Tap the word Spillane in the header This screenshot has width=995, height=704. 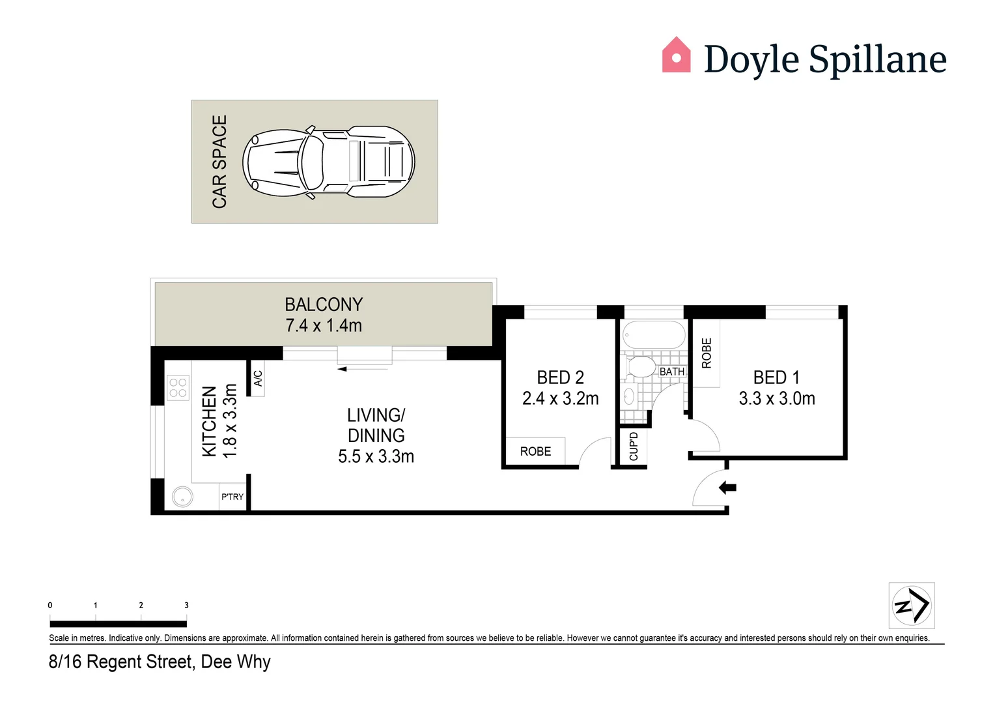[877, 60]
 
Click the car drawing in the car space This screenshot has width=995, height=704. [329, 162]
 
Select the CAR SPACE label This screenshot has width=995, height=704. [220, 162]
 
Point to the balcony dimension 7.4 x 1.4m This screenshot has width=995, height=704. [324, 325]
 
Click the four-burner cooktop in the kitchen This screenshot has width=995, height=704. [178, 388]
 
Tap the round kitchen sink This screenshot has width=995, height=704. [183, 497]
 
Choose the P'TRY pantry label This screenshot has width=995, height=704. [232, 497]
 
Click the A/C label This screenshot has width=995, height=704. [258, 378]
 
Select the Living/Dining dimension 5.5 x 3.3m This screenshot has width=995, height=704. [376, 456]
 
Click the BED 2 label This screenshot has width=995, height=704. [560, 377]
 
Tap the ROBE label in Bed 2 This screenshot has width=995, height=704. [535, 451]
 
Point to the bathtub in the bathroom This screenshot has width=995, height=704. [654, 335]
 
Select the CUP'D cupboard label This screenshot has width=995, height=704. [634, 447]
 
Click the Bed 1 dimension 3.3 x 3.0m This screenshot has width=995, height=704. [777, 398]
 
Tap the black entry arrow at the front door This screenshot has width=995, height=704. [727, 487]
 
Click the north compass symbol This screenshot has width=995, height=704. [912, 605]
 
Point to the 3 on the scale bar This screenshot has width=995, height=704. [186, 605]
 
